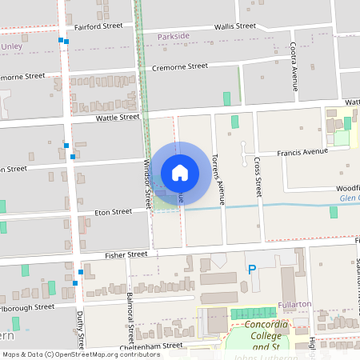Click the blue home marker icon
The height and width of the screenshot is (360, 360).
point(180,171)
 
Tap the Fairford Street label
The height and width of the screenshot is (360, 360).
point(98,26)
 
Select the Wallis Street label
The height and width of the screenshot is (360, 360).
point(234,26)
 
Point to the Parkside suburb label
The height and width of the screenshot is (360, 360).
point(174,37)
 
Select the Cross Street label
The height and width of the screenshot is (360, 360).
point(258,176)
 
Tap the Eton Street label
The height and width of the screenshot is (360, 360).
point(113,212)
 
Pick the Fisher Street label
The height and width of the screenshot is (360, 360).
point(127,254)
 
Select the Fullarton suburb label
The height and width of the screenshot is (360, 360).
point(294,305)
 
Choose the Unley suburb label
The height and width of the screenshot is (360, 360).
point(12,46)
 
